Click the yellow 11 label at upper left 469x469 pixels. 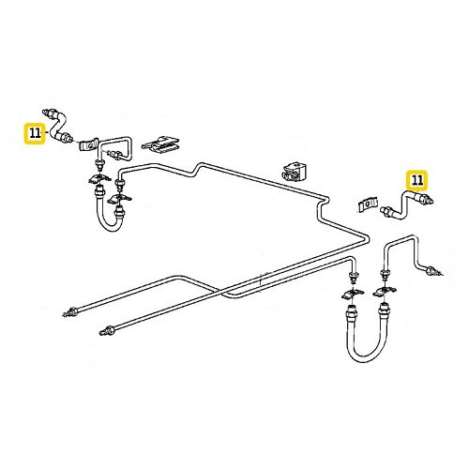[x=35, y=133]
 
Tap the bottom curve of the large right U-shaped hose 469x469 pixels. [x=366, y=361]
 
